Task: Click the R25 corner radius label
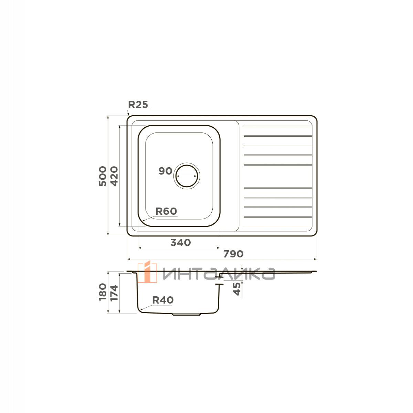tap(138, 105)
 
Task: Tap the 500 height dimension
tap(103, 176)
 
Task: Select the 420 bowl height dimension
tap(114, 176)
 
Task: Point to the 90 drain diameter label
tap(165, 171)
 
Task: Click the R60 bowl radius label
tap(166, 211)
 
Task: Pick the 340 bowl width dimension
tap(180, 242)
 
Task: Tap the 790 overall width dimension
tap(233, 254)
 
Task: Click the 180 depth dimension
tap(103, 292)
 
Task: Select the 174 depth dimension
tap(114, 293)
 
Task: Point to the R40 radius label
tap(163, 300)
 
